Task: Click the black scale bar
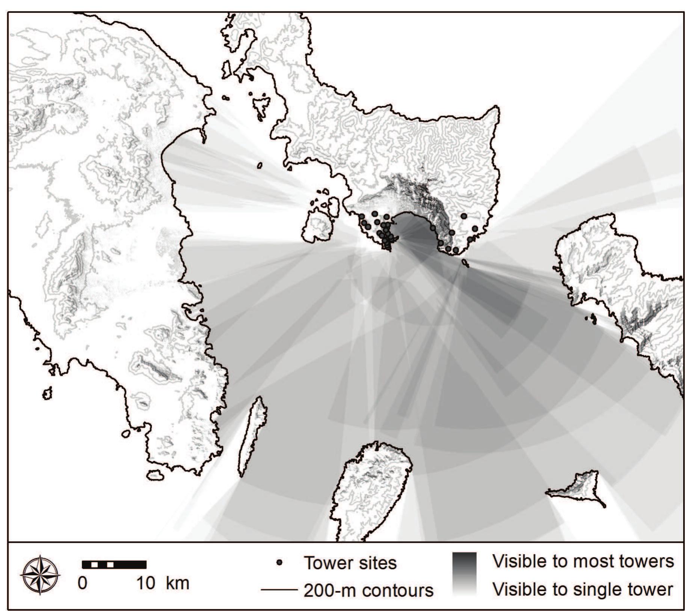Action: click(x=114, y=564)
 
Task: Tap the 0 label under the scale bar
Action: click(x=82, y=584)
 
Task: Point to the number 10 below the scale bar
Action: click(x=145, y=584)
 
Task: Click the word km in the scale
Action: click(x=178, y=584)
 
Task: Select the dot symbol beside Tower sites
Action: click(x=279, y=563)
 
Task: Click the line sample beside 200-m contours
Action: click(x=279, y=590)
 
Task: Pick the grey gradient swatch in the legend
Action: click(x=464, y=574)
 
